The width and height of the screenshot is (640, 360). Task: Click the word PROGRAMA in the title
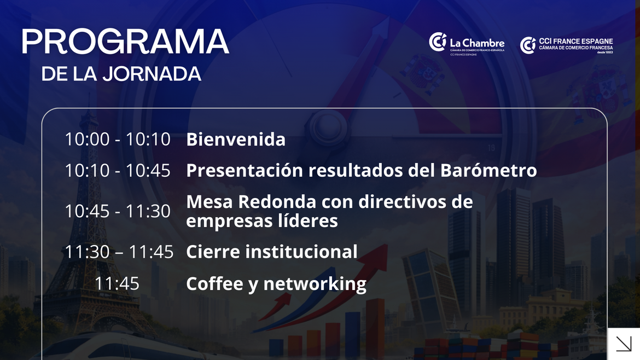125,42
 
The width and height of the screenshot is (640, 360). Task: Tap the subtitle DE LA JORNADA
121,74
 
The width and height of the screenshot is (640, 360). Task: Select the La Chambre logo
467,44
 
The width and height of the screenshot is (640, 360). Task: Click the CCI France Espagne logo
567,45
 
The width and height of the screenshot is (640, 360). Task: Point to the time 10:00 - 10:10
118,139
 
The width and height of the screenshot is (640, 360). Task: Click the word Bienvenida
236,139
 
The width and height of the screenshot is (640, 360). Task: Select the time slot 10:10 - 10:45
118,170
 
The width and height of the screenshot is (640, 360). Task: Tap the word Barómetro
488,170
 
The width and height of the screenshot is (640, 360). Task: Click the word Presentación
245,170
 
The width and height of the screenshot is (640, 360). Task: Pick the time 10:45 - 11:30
118,211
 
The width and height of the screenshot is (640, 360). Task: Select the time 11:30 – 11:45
119,252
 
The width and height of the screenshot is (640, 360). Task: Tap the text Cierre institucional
272,252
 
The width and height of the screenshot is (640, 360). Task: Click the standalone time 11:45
117,283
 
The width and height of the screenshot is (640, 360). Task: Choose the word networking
315,284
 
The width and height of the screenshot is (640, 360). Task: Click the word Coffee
214,283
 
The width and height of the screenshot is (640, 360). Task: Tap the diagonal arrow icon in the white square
624,344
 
